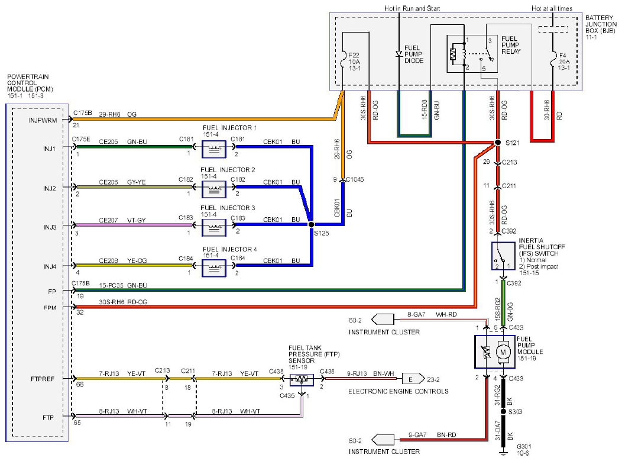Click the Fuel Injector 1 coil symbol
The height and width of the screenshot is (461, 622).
point(214,149)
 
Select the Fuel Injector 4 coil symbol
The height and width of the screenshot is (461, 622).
point(214,268)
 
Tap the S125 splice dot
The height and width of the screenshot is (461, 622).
point(312,225)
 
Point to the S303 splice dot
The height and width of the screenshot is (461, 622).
point(503,411)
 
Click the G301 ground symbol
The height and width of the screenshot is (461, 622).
point(503,452)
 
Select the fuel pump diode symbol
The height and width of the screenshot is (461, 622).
point(399,54)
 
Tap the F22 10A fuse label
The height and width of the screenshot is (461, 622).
point(354,62)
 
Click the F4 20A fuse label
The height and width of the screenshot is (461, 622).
point(563,62)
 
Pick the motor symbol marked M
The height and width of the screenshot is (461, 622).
point(503,352)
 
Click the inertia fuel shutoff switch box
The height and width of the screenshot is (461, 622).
point(503,256)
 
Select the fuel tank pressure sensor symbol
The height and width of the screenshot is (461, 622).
point(302,379)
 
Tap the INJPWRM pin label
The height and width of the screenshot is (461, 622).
point(43,120)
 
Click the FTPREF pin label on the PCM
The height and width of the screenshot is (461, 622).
point(42,379)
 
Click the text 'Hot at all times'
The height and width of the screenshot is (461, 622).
point(552,8)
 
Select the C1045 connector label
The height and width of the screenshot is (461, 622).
point(355,179)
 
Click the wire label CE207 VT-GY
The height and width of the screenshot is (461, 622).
point(122,220)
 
